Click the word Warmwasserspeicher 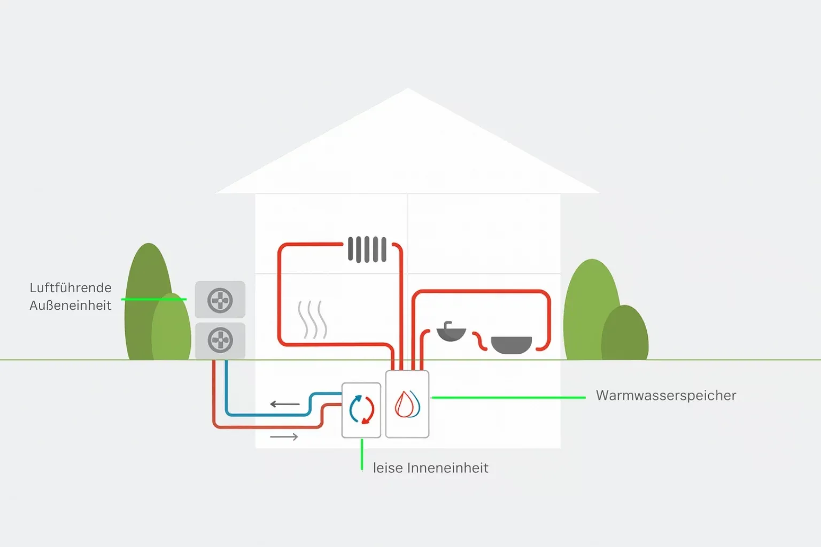coord(665,396)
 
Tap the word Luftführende coord(71,288)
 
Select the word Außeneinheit coord(71,306)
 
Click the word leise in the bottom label coord(388,468)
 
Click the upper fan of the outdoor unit coord(220,300)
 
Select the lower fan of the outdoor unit coord(220,340)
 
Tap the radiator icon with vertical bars coord(367,249)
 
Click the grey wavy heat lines coord(312,319)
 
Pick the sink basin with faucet coord(451,332)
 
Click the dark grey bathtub coord(511,345)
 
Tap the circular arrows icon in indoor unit coord(361,410)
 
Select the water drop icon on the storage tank coord(407,404)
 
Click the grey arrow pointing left coord(284,404)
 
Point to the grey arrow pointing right coord(284,437)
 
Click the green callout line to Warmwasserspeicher coord(508,397)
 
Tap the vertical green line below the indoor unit coord(362,454)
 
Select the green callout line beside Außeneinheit coord(154,299)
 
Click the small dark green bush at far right coord(625,334)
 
